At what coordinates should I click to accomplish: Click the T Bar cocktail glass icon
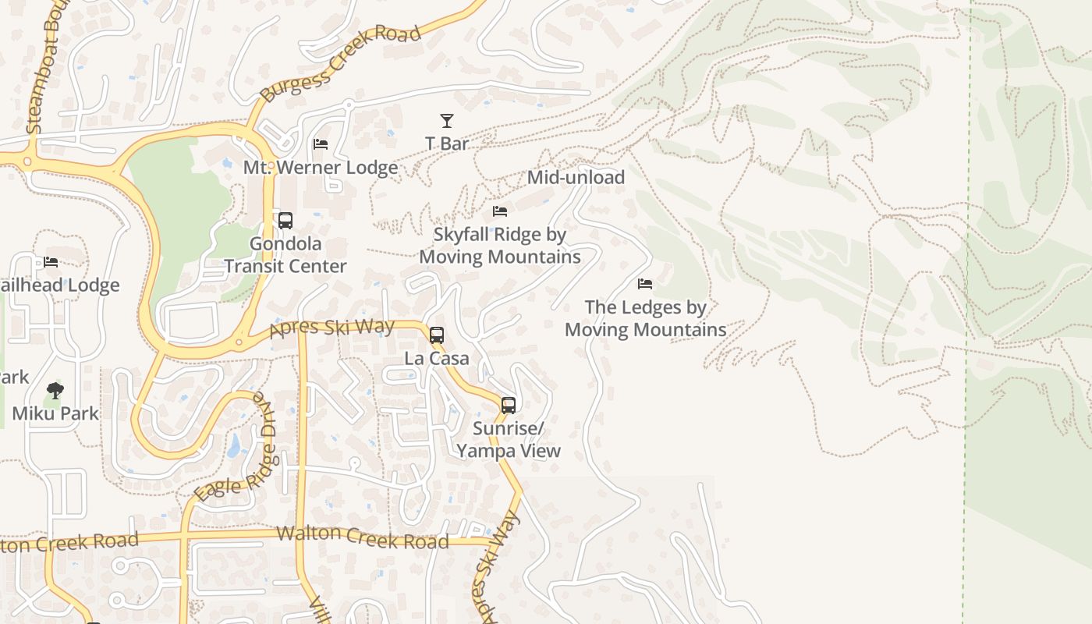point(447,121)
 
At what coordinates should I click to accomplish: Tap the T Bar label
point(447,144)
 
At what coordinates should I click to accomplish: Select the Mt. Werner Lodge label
point(321,168)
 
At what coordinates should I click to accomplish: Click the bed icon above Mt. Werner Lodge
point(321,144)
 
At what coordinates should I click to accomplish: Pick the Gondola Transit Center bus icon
point(285,221)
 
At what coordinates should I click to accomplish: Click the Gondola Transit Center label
point(285,255)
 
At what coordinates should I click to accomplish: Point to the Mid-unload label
point(576,178)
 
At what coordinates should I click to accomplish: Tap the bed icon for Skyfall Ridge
point(500,211)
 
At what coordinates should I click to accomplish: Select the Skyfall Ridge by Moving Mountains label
point(500,246)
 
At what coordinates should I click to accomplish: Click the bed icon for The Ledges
point(645,284)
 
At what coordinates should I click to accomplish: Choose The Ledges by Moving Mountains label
point(645,318)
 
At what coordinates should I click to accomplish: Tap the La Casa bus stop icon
point(437,335)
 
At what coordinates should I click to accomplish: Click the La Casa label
point(437,359)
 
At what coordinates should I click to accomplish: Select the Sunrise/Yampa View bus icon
point(509,406)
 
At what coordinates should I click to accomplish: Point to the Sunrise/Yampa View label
point(509,440)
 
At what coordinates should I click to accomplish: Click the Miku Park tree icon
point(55,390)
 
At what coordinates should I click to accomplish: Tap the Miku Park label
point(55,413)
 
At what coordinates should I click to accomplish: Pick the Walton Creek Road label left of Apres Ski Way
point(363,537)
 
